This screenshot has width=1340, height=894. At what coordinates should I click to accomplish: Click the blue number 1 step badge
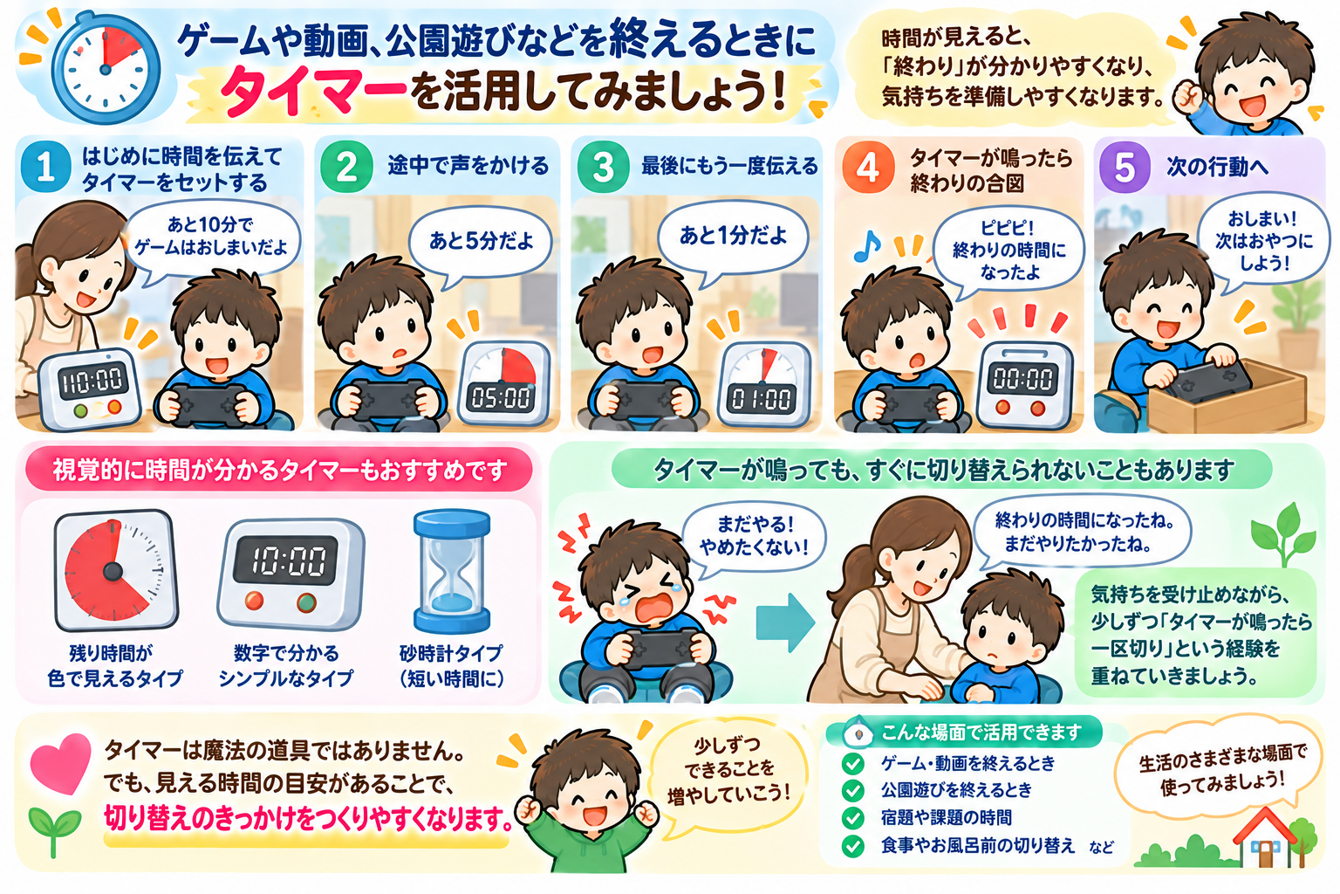tap(45, 167)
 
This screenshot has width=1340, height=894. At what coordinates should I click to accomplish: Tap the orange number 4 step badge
tap(868, 167)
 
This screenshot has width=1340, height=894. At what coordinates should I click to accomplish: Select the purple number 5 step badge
tap(1125, 167)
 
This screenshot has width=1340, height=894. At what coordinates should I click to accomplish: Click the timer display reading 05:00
tap(501, 397)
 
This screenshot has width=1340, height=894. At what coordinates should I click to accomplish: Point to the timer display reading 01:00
tap(762, 398)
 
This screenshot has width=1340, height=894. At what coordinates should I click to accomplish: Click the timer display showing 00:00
tap(1022, 378)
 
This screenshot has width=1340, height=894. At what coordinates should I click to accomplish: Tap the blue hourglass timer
tap(452, 571)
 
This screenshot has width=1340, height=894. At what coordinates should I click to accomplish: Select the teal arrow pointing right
tap(785, 622)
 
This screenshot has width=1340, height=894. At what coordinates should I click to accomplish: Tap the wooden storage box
tap(1227, 398)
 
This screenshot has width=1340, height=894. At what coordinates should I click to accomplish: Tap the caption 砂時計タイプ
tap(452, 653)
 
